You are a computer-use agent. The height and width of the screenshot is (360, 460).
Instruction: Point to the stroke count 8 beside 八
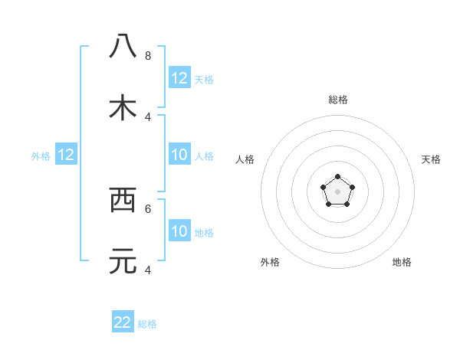[148, 55]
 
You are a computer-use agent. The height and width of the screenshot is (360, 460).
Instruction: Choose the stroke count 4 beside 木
[148, 116]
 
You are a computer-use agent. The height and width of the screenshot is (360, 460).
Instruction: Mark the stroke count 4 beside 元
[148, 270]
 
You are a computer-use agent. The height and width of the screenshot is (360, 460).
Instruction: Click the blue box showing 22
[123, 322]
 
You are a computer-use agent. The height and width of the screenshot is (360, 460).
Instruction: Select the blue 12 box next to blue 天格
[179, 78]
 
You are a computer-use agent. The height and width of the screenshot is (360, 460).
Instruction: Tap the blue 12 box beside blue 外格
[66, 155]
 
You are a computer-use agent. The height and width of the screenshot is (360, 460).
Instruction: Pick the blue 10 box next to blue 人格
[179, 155]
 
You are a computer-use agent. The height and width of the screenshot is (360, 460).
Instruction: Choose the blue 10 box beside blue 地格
[179, 231]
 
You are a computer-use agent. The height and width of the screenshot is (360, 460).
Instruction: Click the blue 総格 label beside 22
[147, 324]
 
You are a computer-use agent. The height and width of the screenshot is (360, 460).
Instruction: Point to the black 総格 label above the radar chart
[338, 100]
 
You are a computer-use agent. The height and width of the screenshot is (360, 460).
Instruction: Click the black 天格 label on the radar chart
[431, 159]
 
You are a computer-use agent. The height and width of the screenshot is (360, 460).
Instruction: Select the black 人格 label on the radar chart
[245, 159]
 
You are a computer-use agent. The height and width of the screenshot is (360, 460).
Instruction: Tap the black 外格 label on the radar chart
[270, 262]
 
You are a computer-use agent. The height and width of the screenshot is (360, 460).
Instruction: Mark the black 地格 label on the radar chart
[402, 262]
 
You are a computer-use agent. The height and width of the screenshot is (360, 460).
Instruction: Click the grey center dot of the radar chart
[337, 191]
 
